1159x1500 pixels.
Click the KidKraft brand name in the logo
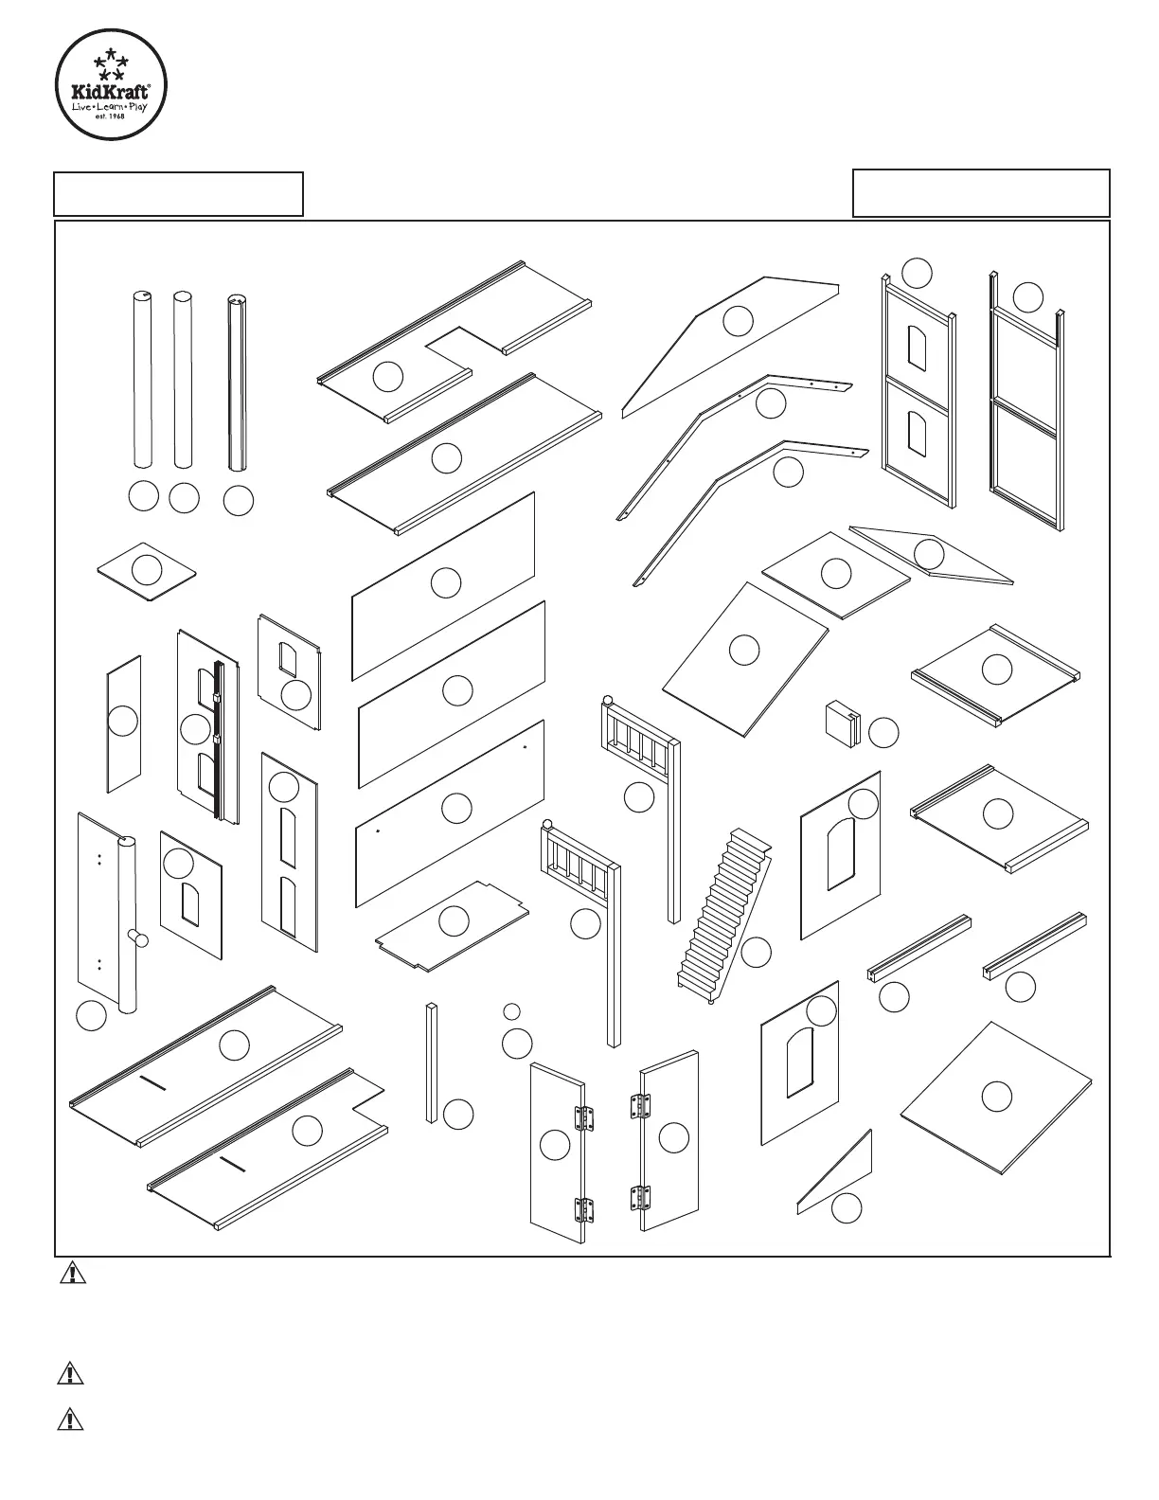tap(111, 90)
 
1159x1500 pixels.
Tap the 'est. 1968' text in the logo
tap(111, 116)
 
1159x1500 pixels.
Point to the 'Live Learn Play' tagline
tap(111, 106)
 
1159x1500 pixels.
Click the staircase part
tap(724, 916)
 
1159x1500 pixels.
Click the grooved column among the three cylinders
tap(237, 384)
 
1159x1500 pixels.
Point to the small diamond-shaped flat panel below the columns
tap(147, 572)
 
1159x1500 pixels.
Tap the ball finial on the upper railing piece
tap(608, 701)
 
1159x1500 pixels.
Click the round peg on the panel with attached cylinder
tap(139, 937)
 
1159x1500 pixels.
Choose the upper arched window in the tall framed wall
tap(917, 349)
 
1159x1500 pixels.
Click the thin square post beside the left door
tap(432, 1063)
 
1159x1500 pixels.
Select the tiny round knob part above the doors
tap(511, 1011)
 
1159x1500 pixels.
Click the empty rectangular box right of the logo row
tap(981, 193)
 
